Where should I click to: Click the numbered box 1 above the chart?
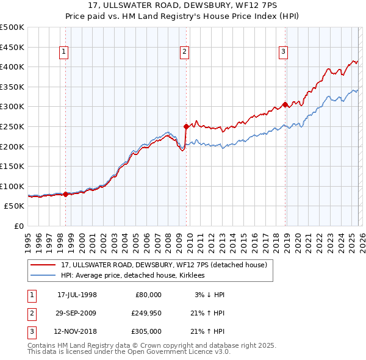click(64, 52)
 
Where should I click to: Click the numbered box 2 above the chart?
click(184, 52)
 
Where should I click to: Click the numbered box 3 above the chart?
click(284, 52)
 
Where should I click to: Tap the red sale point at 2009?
click(186, 127)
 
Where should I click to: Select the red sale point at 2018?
click(285, 105)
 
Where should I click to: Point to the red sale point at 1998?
click(66, 194)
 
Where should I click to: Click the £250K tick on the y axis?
click(12, 126)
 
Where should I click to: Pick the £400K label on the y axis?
click(12, 67)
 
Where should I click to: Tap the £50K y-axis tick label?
click(15, 206)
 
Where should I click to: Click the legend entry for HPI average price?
click(132, 276)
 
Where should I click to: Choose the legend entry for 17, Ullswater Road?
click(163, 265)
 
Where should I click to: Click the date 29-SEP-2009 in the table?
click(77, 313)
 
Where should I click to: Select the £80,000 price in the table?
click(148, 295)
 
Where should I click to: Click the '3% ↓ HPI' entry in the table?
click(210, 295)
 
